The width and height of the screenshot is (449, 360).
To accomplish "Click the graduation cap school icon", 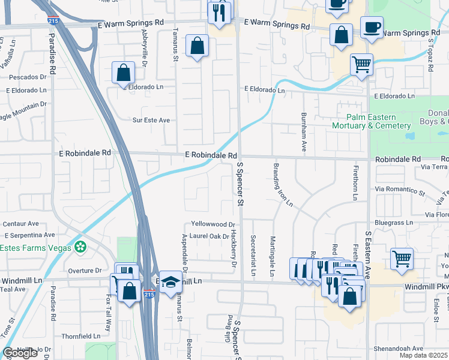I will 170,281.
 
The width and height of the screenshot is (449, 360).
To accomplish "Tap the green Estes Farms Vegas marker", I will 80,247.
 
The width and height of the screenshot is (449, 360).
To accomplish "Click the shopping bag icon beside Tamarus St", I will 197,46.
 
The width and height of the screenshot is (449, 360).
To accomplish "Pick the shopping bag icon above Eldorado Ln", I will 123,73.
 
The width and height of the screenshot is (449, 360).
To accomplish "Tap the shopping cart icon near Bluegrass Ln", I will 402,259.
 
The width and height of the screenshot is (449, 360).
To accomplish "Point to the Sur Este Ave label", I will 151,120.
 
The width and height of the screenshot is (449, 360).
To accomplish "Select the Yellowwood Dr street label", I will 209,224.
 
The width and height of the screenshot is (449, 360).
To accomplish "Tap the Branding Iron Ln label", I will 283,184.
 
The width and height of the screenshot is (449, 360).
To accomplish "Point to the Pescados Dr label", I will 27,77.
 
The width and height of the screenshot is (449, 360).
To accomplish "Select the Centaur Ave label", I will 20,223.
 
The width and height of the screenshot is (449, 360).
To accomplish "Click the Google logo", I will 20,353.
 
